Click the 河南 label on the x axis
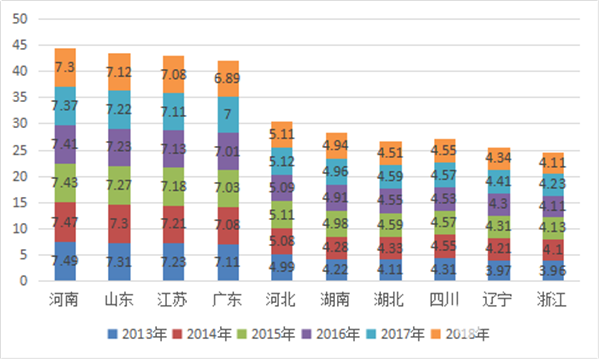click(x=65, y=299)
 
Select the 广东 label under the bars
click(x=226, y=299)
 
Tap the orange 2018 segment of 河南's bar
click(x=65, y=67)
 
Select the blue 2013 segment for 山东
click(x=119, y=262)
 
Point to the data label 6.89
click(x=226, y=78)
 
